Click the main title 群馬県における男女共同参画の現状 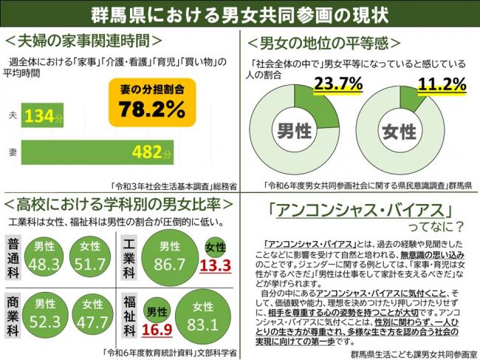(239, 14)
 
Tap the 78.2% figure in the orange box (152, 109)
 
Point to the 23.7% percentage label (337, 84)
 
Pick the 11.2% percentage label (442, 84)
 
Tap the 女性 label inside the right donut (400, 132)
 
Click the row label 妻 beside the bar (12, 153)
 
